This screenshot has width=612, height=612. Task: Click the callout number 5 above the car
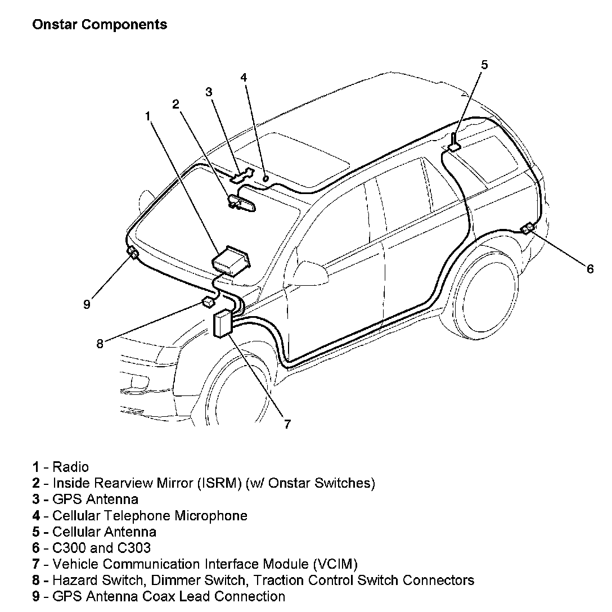484,65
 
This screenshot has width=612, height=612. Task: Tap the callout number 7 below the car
287,424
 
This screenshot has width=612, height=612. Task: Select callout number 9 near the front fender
86,304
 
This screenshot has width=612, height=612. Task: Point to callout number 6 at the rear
589,269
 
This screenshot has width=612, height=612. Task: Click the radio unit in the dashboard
231,260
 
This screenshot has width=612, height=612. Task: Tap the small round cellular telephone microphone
265,178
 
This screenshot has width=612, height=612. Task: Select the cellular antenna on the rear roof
453,143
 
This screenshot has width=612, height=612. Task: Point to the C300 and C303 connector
528,228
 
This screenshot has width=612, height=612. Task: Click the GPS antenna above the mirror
241,175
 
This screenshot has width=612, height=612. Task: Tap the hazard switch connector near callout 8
208,303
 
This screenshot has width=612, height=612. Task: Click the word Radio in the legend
70,467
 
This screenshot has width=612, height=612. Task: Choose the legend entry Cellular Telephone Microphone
150,515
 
